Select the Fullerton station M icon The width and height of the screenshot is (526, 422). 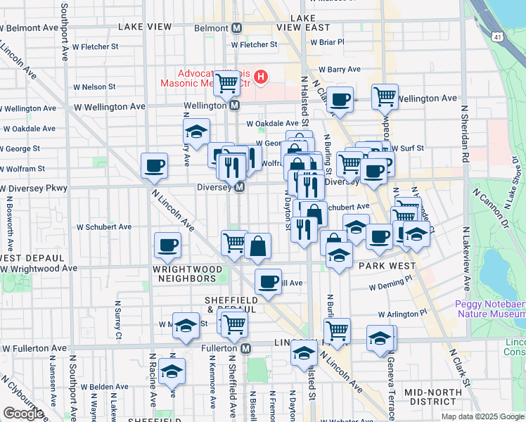tap(245, 348)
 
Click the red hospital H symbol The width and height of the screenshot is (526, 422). tap(261, 76)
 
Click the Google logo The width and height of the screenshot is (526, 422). tap(23, 414)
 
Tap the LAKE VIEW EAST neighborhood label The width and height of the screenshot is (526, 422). tap(303, 22)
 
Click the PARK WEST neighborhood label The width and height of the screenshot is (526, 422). tap(383, 267)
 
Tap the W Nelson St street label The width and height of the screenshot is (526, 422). tap(92, 87)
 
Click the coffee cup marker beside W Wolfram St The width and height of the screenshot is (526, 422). tap(154, 166)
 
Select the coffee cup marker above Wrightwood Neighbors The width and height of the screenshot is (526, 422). tap(167, 245)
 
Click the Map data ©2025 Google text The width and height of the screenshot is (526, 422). tap(482, 416)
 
